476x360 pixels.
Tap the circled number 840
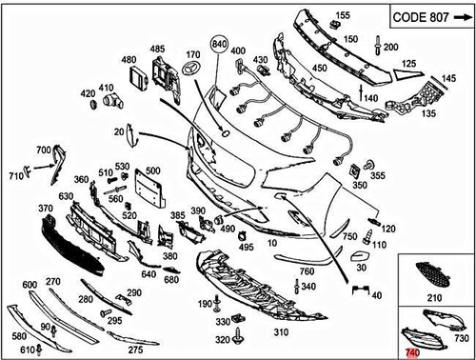click(x=221, y=45)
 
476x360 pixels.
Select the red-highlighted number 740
click(x=411, y=352)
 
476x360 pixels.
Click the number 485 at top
click(x=157, y=48)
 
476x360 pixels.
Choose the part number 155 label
click(x=343, y=15)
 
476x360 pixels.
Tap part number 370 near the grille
click(x=44, y=209)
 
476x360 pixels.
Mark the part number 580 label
click(x=19, y=336)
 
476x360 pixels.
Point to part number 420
click(x=89, y=92)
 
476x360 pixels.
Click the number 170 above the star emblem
click(x=193, y=54)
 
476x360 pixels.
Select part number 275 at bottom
click(x=136, y=350)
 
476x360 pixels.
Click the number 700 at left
click(x=44, y=150)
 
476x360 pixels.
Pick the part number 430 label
click(x=258, y=60)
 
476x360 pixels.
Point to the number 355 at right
click(x=378, y=175)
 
